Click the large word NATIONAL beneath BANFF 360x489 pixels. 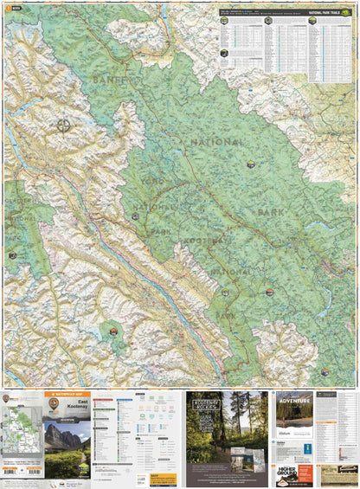point(215,142)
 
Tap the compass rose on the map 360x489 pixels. point(64,125)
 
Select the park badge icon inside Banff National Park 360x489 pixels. point(250,164)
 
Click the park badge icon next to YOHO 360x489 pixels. point(134,216)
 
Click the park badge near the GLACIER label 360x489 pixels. point(12,256)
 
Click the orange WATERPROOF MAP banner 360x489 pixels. point(67,395)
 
